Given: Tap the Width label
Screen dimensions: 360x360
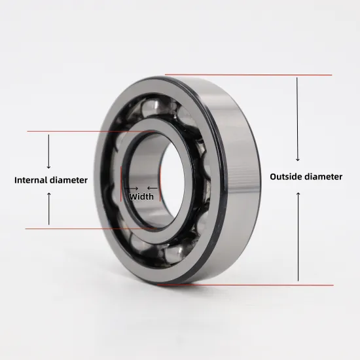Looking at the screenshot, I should pos(141,196).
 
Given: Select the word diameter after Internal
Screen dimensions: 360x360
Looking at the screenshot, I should pos(70,180).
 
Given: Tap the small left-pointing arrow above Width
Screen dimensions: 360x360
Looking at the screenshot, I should pos(152,188).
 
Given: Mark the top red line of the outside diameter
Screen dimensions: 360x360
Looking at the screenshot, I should pos(249,75).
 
